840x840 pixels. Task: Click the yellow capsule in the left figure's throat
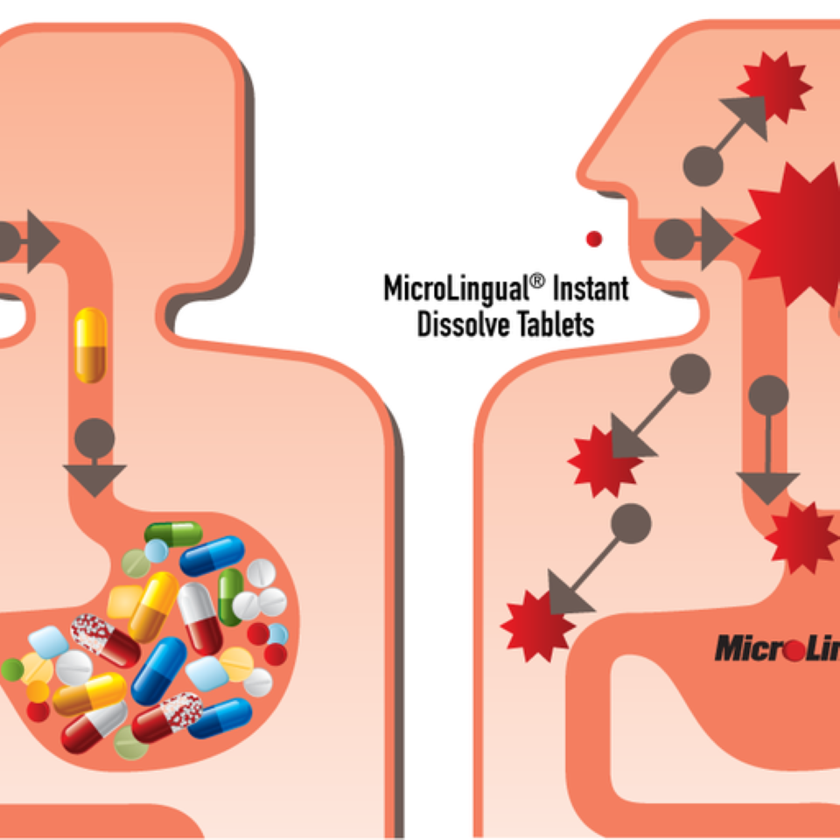click(90, 346)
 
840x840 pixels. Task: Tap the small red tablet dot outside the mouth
click(594, 238)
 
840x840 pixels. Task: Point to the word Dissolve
click(463, 324)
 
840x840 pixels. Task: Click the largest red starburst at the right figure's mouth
click(792, 234)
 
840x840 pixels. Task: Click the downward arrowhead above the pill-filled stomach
click(94, 478)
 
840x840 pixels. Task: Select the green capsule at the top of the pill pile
click(173, 533)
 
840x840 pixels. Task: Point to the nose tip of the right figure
click(585, 166)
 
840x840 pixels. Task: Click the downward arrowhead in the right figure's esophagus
click(767, 486)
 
